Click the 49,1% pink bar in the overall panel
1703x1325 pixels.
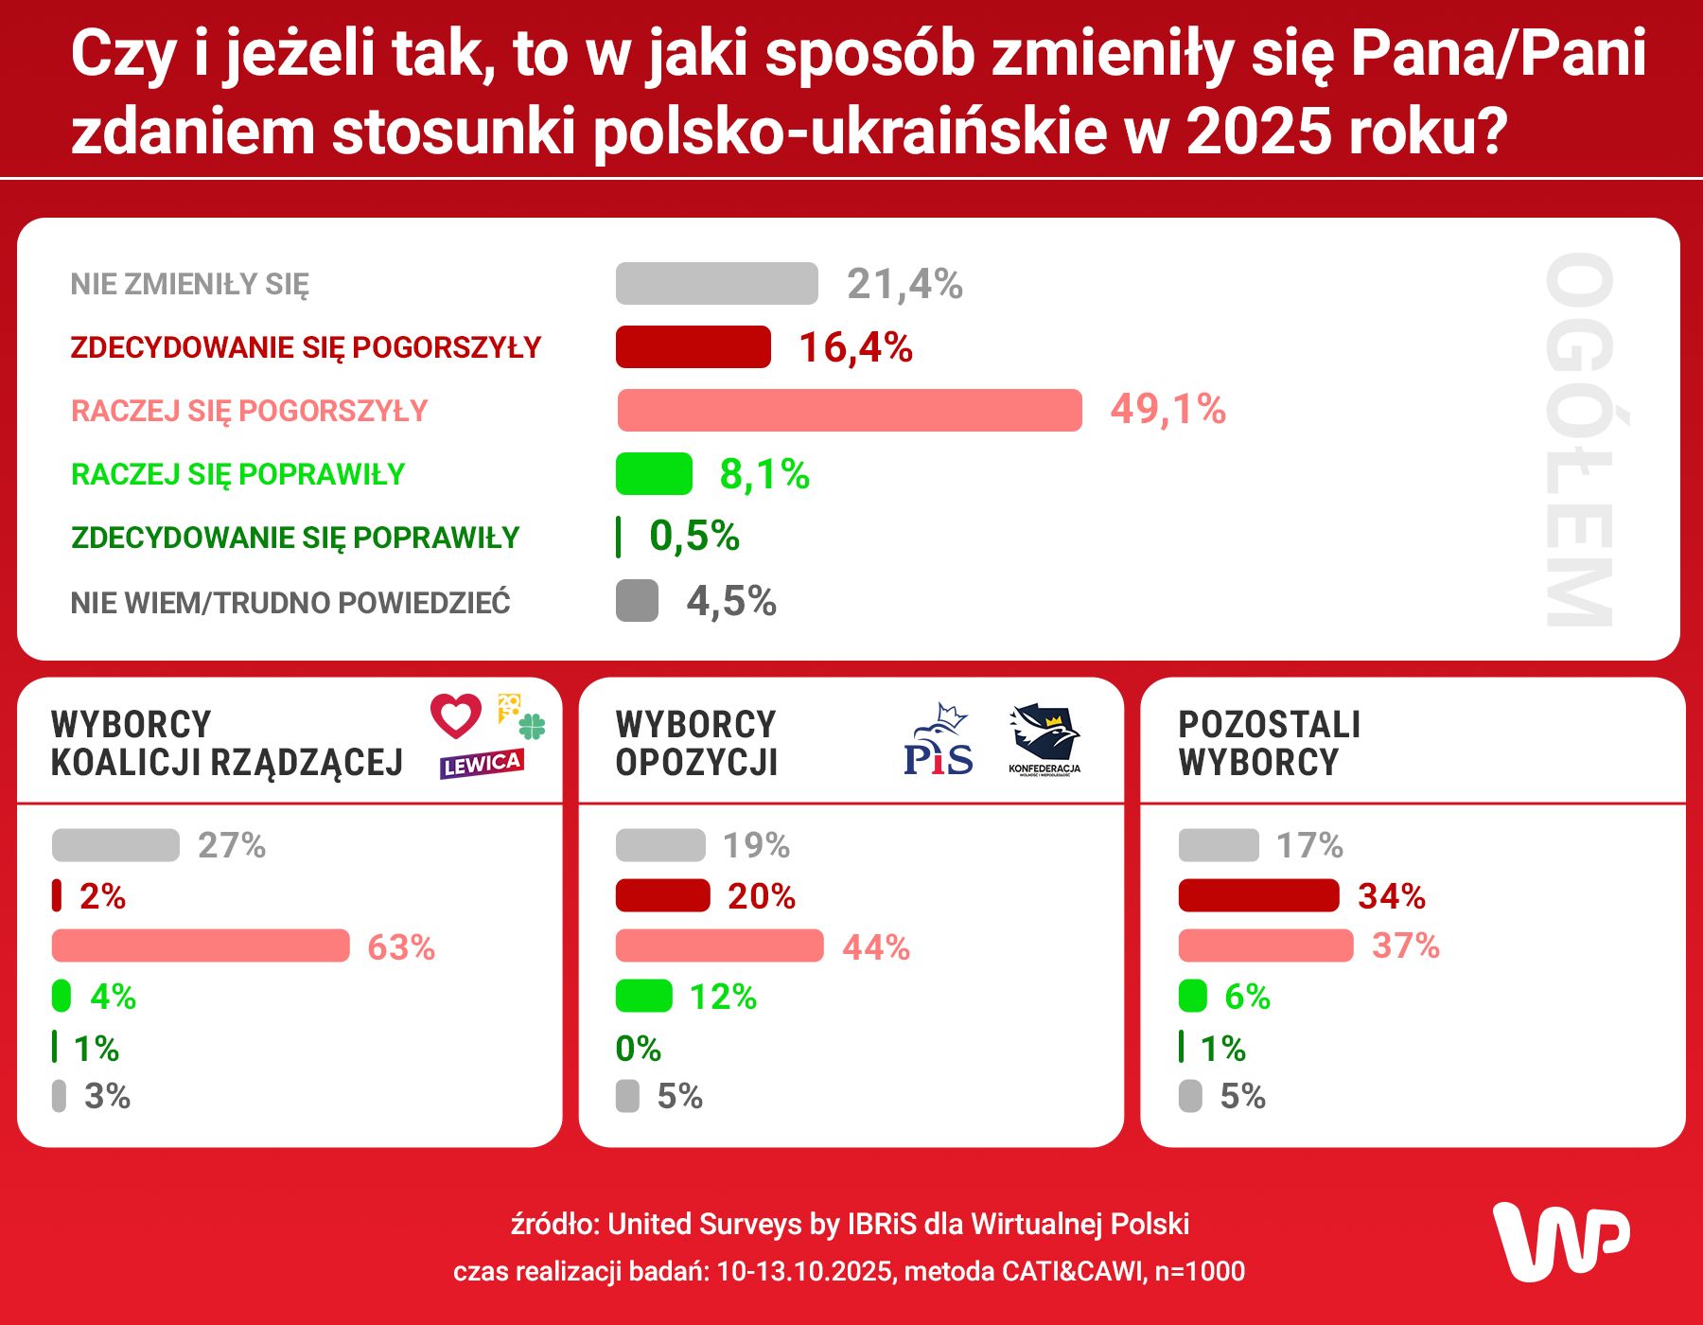pyautogui.click(x=849, y=410)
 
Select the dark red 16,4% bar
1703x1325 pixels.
pyautogui.click(x=693, y=346)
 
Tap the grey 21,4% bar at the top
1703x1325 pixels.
pyautogui.click(x=716, y=283)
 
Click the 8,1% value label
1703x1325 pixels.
pyautogui.click(x=764, y=474)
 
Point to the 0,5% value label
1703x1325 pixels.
pyautogui.click(x=693, y=537)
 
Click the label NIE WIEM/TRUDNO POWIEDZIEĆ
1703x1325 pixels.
pyautogui.click(x=290, y=602)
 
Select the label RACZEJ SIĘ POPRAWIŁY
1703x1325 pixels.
pyautogui.click(x=237, y=474)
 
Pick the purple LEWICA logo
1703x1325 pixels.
pyautogui.click(x=482, y=764)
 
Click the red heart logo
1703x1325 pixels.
pyautogui.click(x=456, y=715)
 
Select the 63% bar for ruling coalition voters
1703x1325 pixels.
pyautogui.click(x=201, y=945)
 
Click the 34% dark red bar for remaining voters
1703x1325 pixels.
pyautogui.click(x=1258, y=895)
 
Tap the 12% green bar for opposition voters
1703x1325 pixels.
pyautogui.click(x=643, y=996)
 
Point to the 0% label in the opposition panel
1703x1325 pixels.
pyautogui.click(x=638, y=1049)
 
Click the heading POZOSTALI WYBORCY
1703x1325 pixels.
pyautogui.click(x=1269, y=743)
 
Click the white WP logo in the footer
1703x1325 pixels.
pyautogui.click(x=1560, y=1241)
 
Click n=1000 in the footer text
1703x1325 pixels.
pyautogui.click(x=1200, y=1271)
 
